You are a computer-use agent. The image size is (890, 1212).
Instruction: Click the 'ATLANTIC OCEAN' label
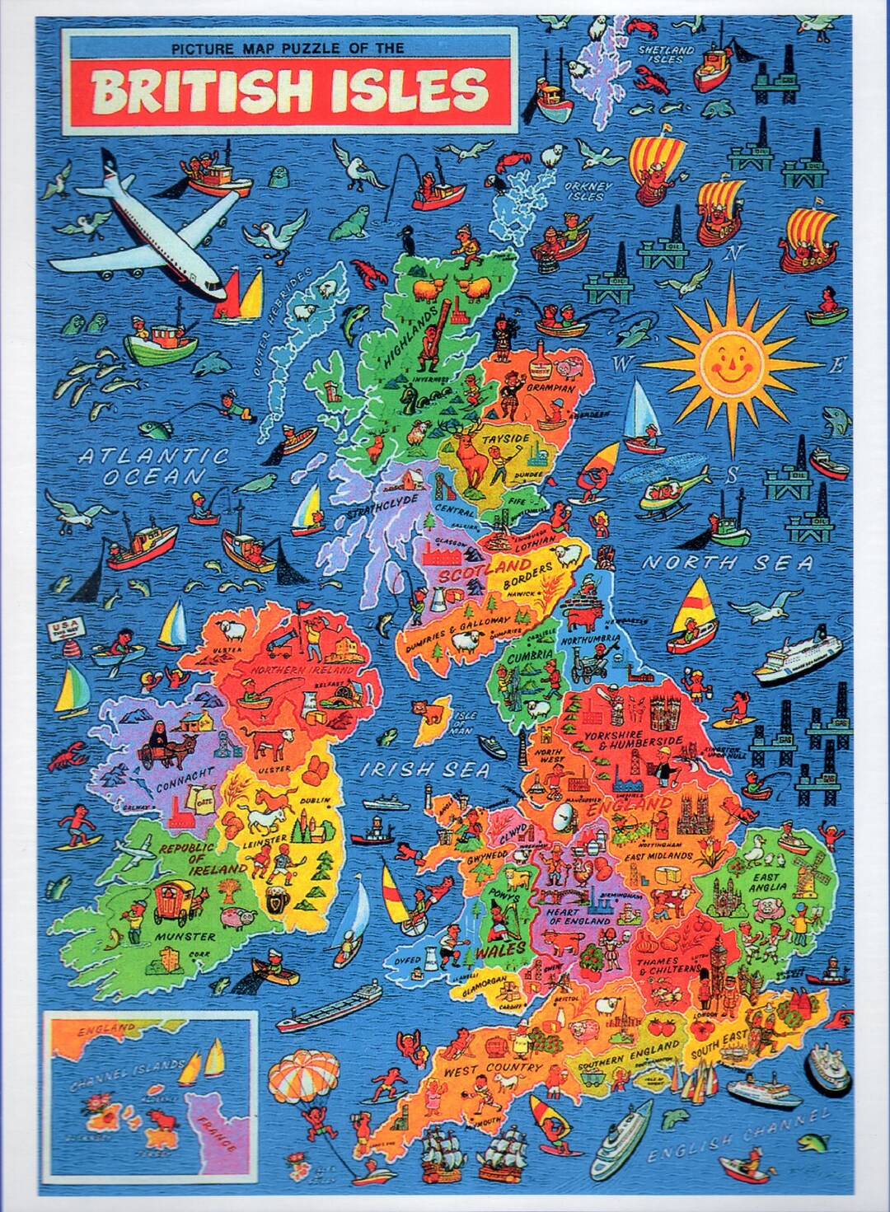click(x=153, y=466)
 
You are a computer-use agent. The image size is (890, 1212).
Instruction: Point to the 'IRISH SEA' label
click(x=425, y=770)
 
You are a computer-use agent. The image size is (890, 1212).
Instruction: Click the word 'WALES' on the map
click(x=499, y=950)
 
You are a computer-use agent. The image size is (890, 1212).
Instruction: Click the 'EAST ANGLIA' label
click(x=769, y=882)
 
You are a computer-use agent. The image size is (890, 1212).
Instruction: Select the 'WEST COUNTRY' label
click(x=493, y=1069)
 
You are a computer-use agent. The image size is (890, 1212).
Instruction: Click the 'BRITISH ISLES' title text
click(x=289, y=90)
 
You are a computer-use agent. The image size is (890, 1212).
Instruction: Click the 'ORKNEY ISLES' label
click(x=586, y=191)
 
